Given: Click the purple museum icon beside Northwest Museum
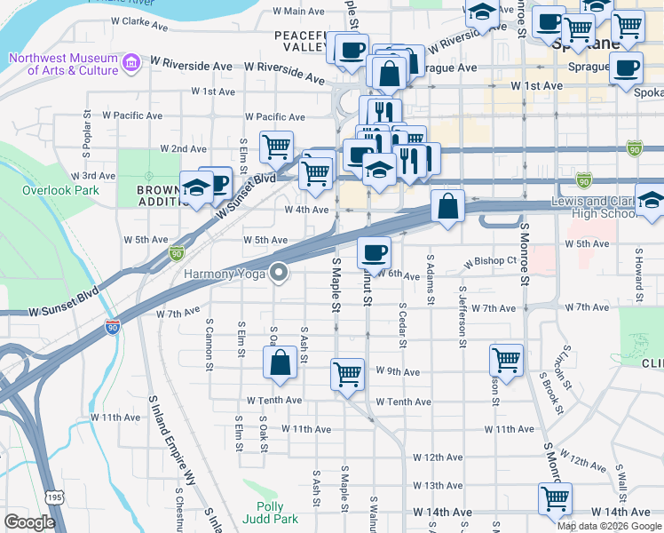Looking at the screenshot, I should coord(131,63).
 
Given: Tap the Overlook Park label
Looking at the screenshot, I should coord(60,191).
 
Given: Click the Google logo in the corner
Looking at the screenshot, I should coord(29,522).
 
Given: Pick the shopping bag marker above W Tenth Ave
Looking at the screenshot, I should coord(280,362).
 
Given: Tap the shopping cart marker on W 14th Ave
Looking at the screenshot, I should coord(555,497).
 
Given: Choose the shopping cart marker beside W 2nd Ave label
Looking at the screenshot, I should coord(277,146).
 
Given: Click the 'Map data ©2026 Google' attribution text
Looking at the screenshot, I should coord(610,525).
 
